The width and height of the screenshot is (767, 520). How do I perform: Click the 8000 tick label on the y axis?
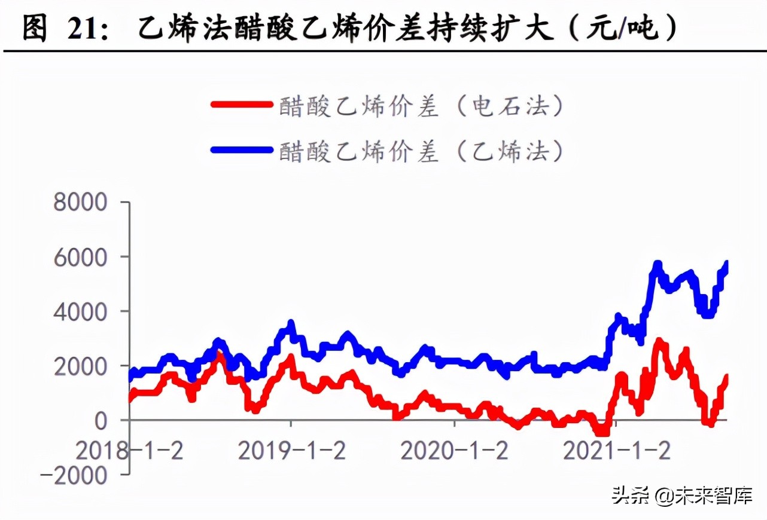click(x=80, y=203)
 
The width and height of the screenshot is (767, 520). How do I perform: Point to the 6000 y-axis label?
click(x=80, y=257)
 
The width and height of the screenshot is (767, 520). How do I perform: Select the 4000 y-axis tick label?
click(x=80, y=311)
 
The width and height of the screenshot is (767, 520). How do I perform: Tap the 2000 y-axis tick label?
click(x=80, y=366)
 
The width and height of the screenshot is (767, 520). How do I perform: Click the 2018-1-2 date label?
click(x=129, y=450)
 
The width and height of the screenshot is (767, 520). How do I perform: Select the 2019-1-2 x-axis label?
click(x=292, y=450)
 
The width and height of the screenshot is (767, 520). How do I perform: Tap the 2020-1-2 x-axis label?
click(x=455, y=450)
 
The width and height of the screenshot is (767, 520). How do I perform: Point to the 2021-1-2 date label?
click(x=617, y=450)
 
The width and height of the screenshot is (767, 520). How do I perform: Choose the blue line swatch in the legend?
click(x=241, y=149)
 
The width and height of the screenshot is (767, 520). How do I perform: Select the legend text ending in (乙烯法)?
click(x=422, y=151)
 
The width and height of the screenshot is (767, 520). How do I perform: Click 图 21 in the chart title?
click(x=57, y=28)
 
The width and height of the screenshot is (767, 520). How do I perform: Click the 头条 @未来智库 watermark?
click(x=681, y=495)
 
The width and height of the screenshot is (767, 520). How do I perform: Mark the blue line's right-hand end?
click(x=727, y=264)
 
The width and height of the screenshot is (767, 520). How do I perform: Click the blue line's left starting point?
click(x=131, y=377)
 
